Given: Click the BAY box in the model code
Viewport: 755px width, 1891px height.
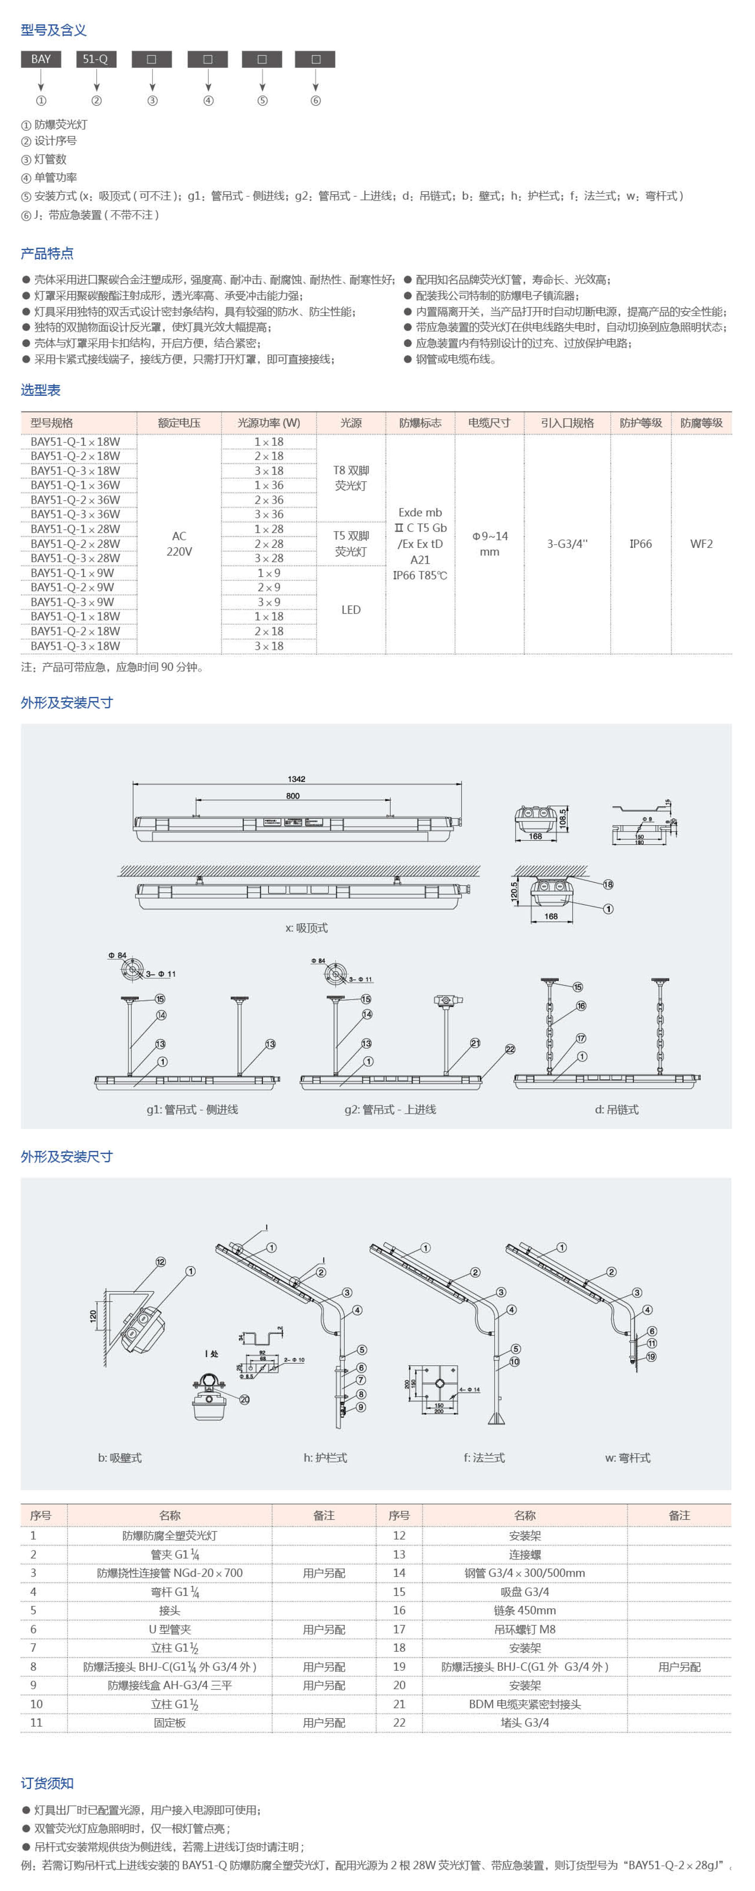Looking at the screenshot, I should coord(41,59).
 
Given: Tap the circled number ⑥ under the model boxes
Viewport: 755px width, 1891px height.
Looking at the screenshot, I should coord(316,101).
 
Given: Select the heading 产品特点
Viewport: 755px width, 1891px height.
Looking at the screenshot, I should coord(47,253).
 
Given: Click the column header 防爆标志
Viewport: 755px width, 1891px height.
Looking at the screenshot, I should coord(420,423).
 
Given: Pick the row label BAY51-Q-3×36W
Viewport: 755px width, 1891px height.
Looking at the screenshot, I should coord(75,514).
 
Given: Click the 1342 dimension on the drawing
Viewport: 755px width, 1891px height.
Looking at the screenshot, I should coord(297,779).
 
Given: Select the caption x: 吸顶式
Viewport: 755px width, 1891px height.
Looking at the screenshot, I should coord(306,928).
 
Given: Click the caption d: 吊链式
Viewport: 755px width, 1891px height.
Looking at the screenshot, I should coord(616,1109).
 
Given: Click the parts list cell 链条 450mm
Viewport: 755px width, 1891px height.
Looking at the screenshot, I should coord(525,1610).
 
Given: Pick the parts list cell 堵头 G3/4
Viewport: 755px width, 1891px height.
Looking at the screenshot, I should coord(525,1722).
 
